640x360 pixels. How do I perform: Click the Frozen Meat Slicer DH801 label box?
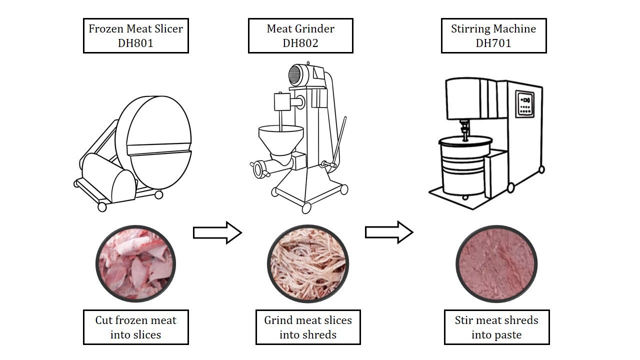pos(135,36)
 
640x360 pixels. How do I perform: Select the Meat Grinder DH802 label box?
pos(300,36)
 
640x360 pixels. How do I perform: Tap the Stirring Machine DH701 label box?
pos(493,36)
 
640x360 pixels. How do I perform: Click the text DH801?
pos(135,43)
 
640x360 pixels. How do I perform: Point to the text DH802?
pos(300,43)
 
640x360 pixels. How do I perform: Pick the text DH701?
pos(493,43)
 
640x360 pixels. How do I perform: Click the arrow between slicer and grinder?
pos(217,232)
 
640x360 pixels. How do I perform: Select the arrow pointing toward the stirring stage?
pos(389,232)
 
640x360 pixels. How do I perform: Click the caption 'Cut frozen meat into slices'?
pos(135,327)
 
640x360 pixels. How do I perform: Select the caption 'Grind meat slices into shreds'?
pos(308,327)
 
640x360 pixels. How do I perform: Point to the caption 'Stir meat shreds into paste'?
pos(496,327)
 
